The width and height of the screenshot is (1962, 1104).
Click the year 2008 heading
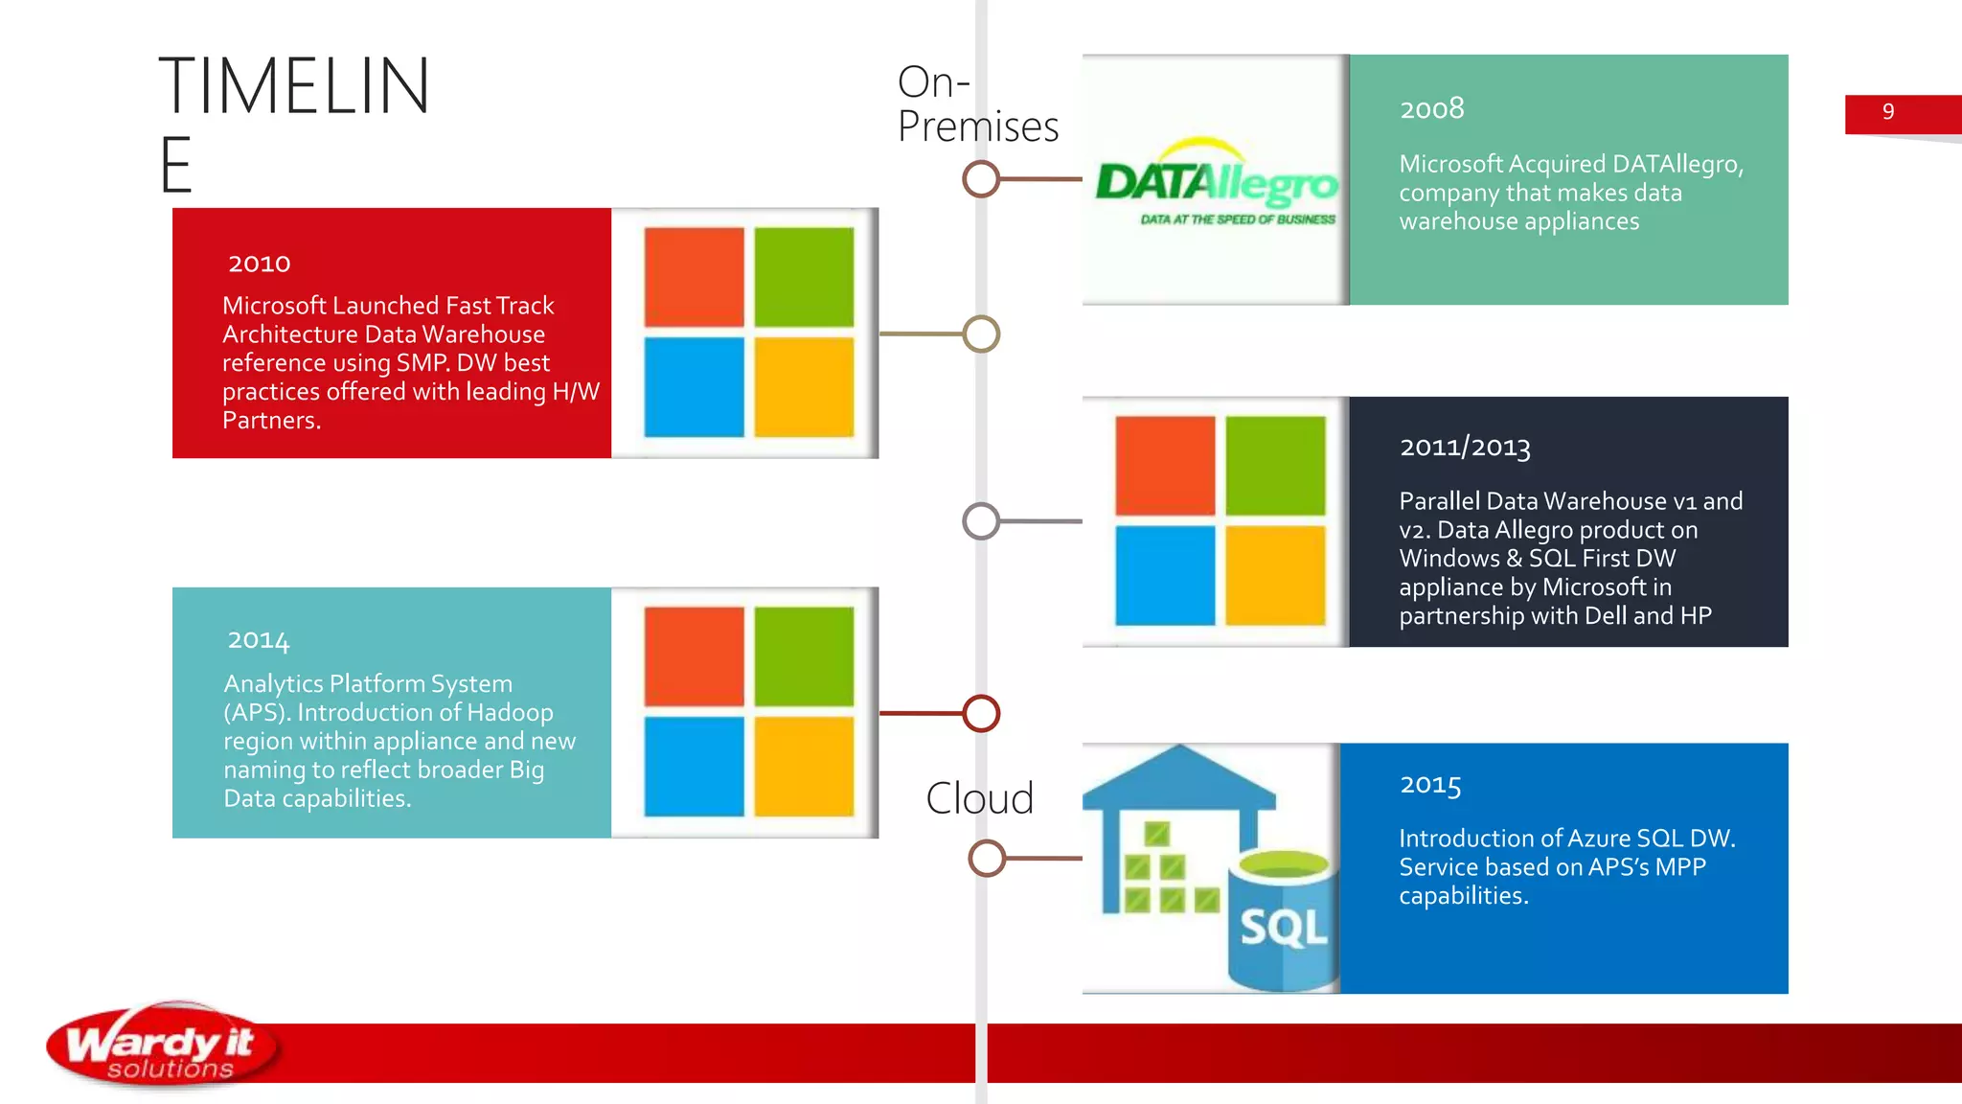(x=1431, y=108)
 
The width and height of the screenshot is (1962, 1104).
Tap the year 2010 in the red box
(x=259, y=264)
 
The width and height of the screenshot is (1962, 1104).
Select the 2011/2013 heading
(x=1465, y=448)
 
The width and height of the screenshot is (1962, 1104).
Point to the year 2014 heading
(x=258, y=640)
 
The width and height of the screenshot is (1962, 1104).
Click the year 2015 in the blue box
(x=1430, y=785)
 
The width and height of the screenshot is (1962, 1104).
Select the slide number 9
(x=1887, y=112)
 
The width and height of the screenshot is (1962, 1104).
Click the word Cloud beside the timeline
(x=979, y=798)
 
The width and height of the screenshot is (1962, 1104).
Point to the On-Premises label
(x=977, y=104)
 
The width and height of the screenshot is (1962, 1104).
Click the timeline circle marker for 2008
(x=981, y=179)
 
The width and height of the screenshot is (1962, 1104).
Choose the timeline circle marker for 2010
(x=981, y=334)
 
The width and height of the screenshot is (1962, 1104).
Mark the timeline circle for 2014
(x=981, y=714)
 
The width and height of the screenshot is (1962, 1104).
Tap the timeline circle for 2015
(x=987, y=859)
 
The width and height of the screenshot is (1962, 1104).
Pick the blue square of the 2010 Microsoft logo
(x=694, y=387)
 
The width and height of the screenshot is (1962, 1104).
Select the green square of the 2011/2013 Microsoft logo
(x=1275, y=466)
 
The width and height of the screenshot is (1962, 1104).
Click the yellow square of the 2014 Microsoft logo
(x=804, y=767)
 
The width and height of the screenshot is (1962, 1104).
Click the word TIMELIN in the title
(x=294, y=87)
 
